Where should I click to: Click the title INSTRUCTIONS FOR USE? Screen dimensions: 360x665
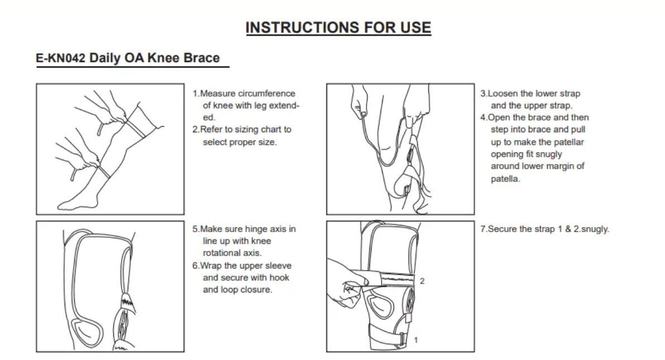(338, 27)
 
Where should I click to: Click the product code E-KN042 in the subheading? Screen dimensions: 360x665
(60, 58)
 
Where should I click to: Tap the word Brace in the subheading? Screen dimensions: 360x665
(203, 58)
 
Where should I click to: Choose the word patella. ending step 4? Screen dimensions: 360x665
(505, 179)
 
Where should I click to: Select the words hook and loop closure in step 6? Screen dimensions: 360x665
(245, 284)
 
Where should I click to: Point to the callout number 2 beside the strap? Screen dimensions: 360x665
(422, 281)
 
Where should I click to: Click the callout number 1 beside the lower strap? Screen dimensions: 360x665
(416, 339)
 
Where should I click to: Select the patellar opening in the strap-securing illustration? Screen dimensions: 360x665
(381, 306)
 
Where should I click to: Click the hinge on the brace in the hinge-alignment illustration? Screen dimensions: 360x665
(124, 324)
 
